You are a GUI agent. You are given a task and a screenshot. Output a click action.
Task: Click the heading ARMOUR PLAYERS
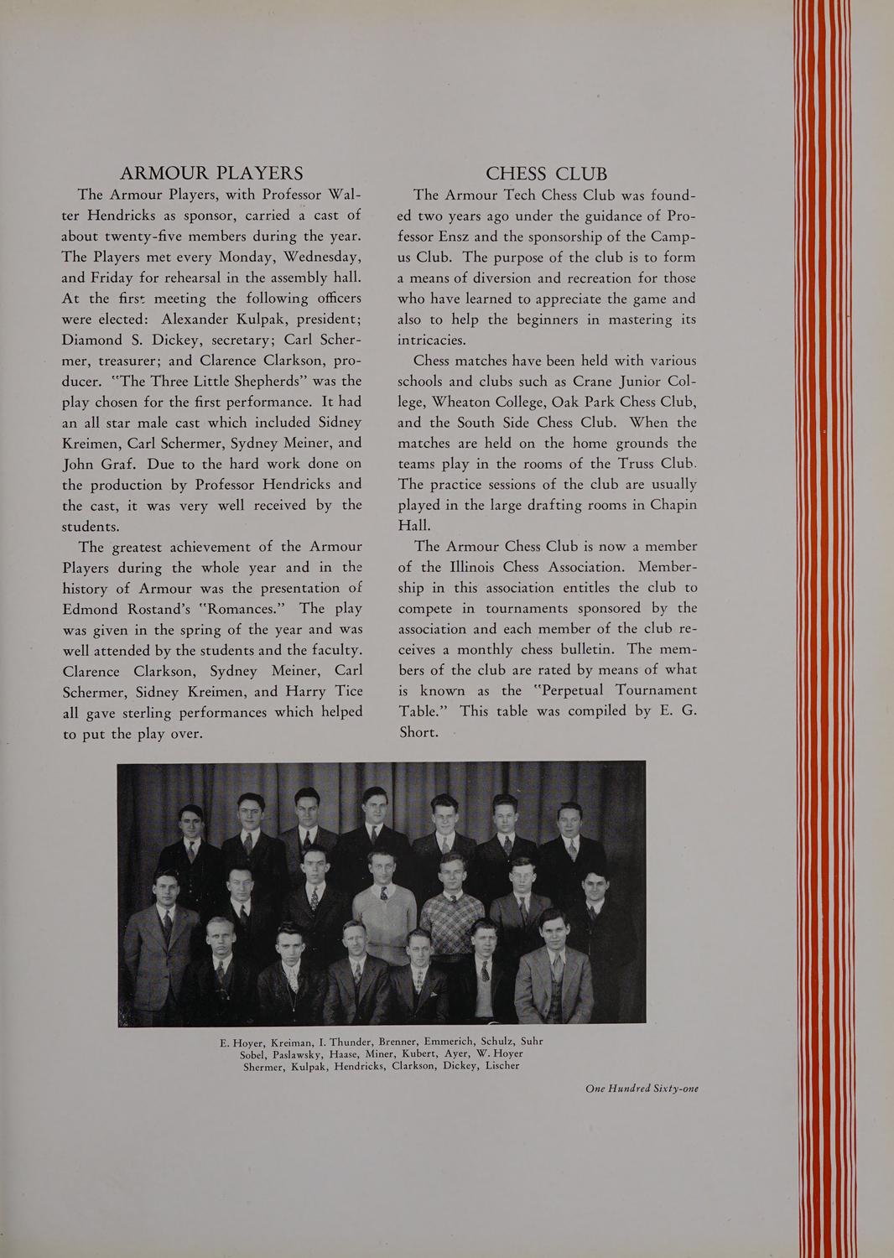pyautogui.click(x=211, y=174)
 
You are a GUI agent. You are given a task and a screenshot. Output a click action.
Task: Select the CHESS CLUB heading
pyautogui.click(x=546, y=174)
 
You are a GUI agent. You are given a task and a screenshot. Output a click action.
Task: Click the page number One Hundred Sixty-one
pyautogui.click(x=642, y=1089)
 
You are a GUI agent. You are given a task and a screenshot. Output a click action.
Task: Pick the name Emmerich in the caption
pyautogui.click(x=448, y=1042)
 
